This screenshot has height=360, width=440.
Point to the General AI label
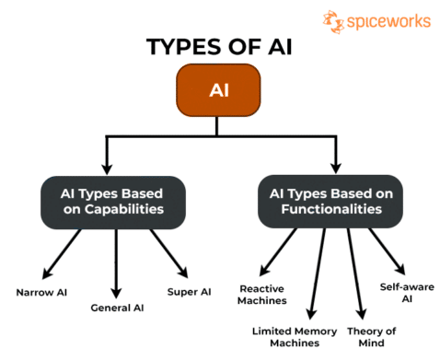(116, 308)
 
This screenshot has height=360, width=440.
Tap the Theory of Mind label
(371, 336)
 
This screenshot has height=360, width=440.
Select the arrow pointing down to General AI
(116, 262)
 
